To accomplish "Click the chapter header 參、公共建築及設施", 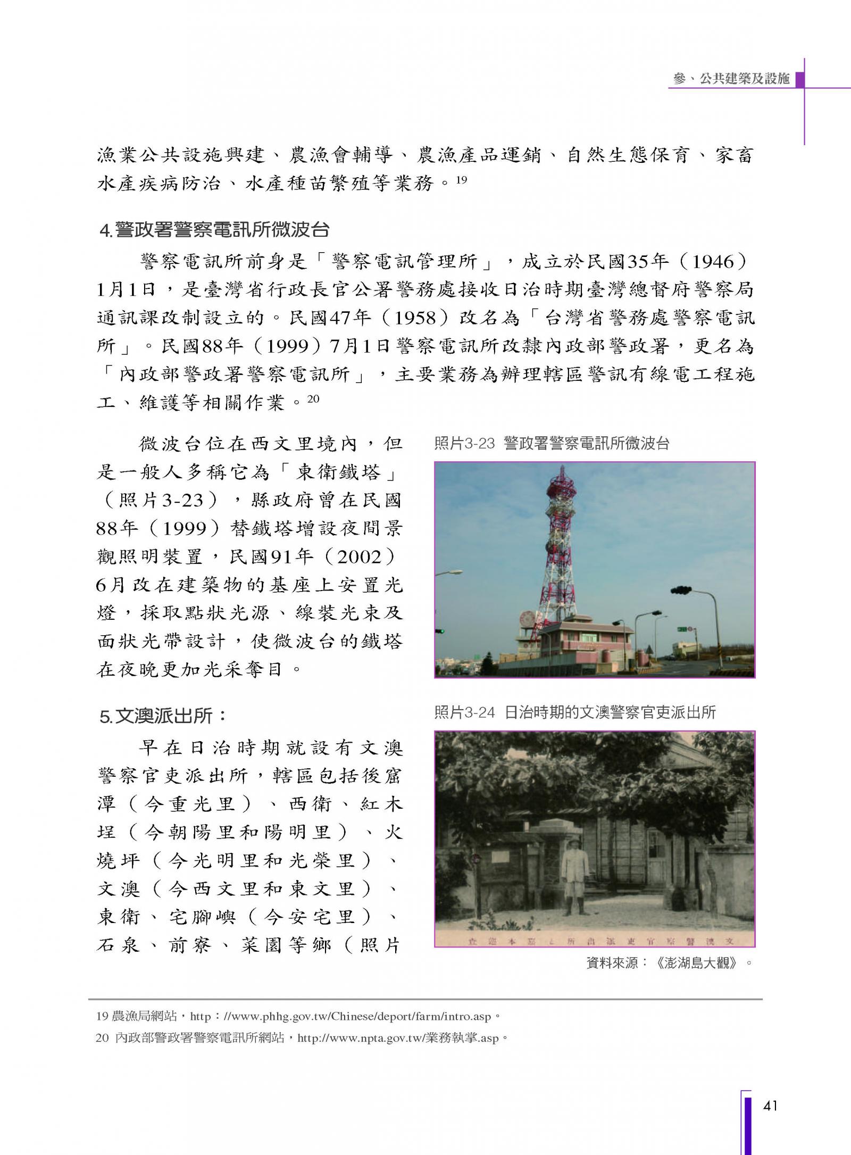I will pos(731,79).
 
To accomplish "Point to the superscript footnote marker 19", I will pos(461,180).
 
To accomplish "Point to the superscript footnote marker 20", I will pos(313,398).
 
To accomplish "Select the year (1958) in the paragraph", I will pos(415,318).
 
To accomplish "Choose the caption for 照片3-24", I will pos(575,712).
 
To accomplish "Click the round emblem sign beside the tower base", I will pos(528,620).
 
